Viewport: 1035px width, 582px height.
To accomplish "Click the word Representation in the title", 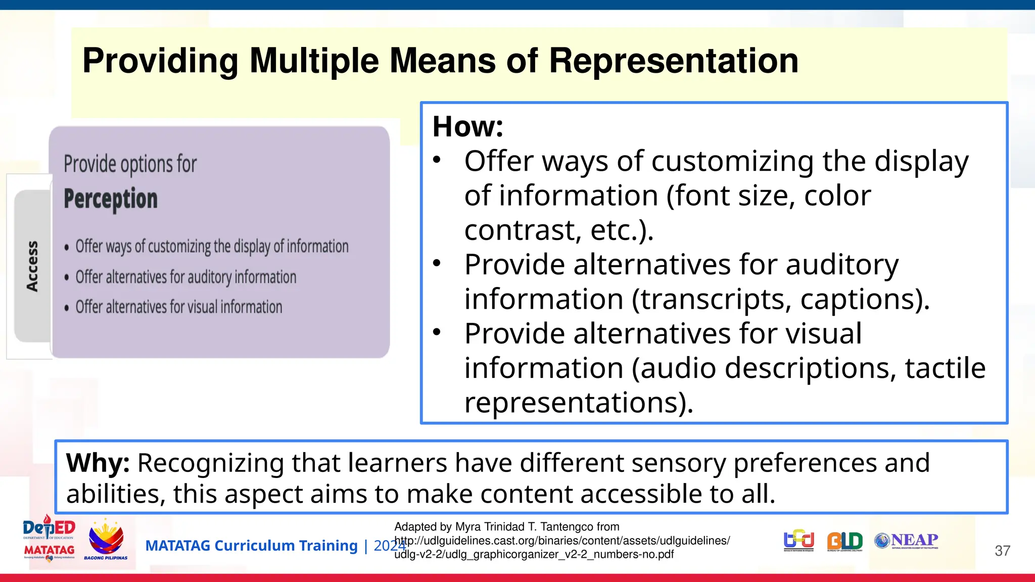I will click(x=673, y=61).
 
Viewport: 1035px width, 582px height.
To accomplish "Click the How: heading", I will click(x=468, y=126).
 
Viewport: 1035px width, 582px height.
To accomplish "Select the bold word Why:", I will click(x=98, y=463).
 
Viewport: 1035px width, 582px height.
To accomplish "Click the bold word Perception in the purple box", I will click(x=111, y=199).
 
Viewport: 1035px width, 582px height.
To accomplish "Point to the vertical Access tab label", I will click(x=32, y=266).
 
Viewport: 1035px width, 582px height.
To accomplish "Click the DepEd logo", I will click(x=49, y=528).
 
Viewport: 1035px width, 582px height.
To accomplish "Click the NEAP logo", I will click(x=907, y=541).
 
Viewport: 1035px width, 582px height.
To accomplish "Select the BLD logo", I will click(x=844, y=541).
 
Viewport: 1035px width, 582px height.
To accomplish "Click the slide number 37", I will click(x=1002, y=551).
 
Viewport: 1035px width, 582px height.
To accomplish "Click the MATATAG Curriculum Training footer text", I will click(x=251, y=546).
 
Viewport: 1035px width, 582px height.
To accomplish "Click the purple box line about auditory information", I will click(x=185, y=277).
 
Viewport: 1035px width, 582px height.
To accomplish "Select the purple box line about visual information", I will click(x=178, y=307).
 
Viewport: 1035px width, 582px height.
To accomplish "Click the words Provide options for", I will click(x=130, y=164).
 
